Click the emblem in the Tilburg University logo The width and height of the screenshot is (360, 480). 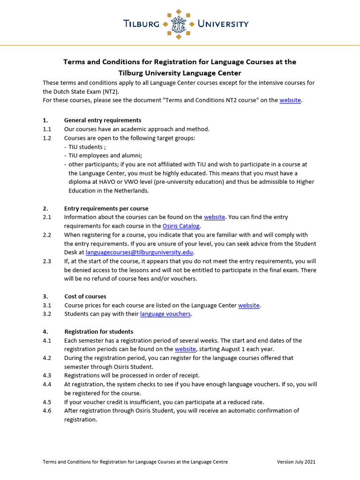pos(180,23)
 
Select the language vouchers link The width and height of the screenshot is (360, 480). pos(165,314)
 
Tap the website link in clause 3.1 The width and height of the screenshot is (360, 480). pos(249,305)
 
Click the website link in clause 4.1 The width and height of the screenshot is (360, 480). pos(185,349)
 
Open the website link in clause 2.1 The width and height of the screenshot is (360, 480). pos(215,217)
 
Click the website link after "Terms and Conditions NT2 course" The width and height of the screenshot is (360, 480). pos(290,100)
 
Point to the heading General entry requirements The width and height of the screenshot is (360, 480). pos(103,120)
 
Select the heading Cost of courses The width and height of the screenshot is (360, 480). pos(85,296)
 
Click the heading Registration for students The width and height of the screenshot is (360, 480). pos(98,331)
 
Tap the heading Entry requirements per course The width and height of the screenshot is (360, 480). pos(106,208)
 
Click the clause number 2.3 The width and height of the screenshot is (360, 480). pos(47,261)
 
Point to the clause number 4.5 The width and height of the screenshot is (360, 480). pos(47,402)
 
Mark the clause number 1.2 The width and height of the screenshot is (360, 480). pos(47,138)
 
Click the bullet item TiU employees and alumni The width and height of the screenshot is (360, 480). pos(105,156)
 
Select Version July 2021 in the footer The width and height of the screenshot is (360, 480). pos(296,462)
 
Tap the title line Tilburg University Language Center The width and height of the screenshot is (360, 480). pos(180,73)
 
